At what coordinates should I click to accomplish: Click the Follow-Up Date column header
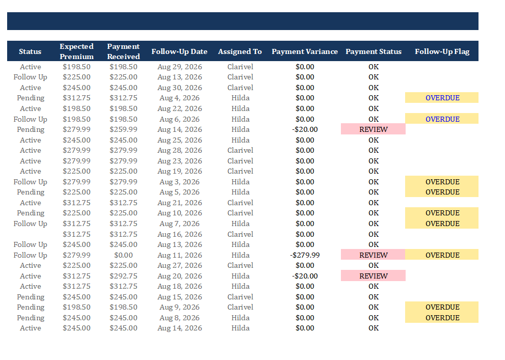pyautogui.click(x=179, y=51)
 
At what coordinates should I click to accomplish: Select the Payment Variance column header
pyautogui.click(x=305, y=51)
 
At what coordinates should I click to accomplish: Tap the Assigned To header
pyautogui.click(x=240, y=51)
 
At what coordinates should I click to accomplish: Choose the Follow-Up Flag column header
pyautogui.click(x=442, y=51)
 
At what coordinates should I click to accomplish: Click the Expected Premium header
pyautogui.click(x=76, y=51)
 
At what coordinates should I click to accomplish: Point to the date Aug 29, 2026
pyautogui.click(x=180, y=67)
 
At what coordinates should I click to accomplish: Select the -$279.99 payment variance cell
pyautogui.click(x=305, y=255)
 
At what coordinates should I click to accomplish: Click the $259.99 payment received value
pyautogui.click(x=123, y=129)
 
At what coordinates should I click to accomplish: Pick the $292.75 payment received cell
pyautogui.click(x=123, y=276)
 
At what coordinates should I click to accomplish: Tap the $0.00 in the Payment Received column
pyautogui.click(x=123, y=255)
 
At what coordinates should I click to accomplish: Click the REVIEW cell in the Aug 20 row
pyautogui.click(x=374, y=276)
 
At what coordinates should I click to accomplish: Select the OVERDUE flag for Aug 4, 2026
pyautogui.click(x=442, y=98)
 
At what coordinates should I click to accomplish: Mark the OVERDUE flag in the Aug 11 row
pyautogui.click(x=442, y=255)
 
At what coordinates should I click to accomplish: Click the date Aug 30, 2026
pyautogui.click(x=180, y=88)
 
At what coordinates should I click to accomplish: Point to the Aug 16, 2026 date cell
pyautogui.click(x=180, y=234)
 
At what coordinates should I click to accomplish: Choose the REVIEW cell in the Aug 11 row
pyautogui.click(x=374, y=255)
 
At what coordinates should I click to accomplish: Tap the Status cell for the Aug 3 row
pyautogui.click(x=30, y=182)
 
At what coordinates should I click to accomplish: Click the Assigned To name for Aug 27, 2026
pyautogui.click(x=240, y=265)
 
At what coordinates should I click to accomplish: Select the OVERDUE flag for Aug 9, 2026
pyautogui.click(x=442, y=307)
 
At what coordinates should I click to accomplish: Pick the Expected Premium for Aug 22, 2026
pyautogui.click(x=76, y=108)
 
